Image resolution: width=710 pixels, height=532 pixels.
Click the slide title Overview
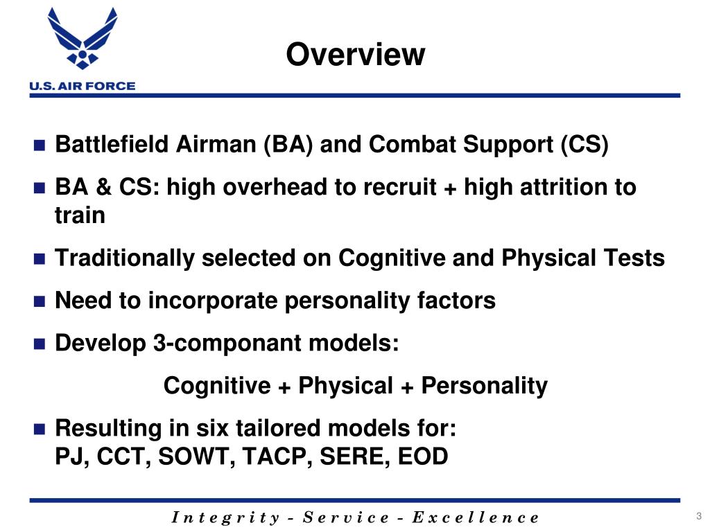tap(356, 55)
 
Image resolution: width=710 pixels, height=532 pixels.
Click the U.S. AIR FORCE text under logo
tap(83, 87)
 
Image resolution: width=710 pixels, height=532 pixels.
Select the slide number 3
tap(698, 516)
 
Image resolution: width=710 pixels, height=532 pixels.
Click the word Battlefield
tap(112, 145)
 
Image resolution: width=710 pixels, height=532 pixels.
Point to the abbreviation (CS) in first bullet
tap(585, 145)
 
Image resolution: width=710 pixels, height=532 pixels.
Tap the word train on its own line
tap(80, 215)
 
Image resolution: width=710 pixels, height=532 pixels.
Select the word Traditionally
tap(124, 258)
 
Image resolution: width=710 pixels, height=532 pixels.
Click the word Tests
tap(634, 258)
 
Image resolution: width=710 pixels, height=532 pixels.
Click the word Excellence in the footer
tap(475, 517)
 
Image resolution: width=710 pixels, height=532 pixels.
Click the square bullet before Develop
tap(39, 344)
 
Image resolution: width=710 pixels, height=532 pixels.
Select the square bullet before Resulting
tap(39, 429)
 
